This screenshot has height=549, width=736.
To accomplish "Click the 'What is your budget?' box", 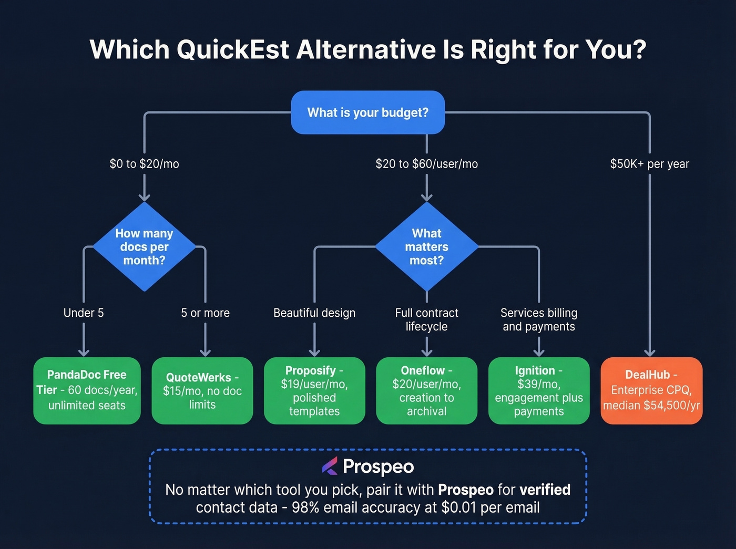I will click(x=367, y=112).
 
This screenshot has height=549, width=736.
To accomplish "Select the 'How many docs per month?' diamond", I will click(x=144, y=246).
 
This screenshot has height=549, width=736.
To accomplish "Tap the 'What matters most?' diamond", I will click(x=426, y=246).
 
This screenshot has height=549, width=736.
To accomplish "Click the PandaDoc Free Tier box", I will click(x=87, y=390).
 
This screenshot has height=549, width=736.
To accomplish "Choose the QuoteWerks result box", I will click(x=202, y=390).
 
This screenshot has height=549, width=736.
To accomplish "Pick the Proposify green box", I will click(x=314, y=390).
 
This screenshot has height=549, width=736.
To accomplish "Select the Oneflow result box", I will click(x=426, y=390).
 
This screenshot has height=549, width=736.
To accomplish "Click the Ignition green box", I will click(x=539, y=390).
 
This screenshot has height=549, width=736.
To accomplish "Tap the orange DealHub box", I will click(x=651, y=390).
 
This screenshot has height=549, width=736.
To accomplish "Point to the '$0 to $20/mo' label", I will click(x=144, y=164).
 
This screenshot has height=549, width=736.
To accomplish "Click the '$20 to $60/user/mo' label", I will click(x=426, y=164).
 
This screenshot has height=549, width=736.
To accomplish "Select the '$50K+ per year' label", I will click(x=649, y=164).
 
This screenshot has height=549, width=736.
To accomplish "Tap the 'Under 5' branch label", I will click(x=84, y=313).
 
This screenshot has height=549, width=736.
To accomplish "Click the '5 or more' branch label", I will click(x=205, y=313).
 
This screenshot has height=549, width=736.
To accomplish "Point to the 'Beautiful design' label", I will click(x=314, y=313).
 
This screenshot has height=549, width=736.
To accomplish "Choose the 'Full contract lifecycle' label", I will click(x=426, y=319).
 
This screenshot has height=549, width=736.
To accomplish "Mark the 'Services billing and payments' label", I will click(x=539, y=319).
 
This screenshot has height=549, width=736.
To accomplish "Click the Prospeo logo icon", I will click(x=330, y=466).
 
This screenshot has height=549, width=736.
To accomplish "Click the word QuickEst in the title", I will click(x=232, y=50).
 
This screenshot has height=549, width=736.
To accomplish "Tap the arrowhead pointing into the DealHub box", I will click(x=650, y=353).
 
